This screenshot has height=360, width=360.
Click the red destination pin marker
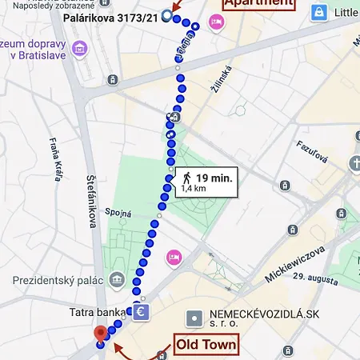tap(100, 334)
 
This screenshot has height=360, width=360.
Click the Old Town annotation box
tap(206, 345)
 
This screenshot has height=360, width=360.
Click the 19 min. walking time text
tap(214, 178)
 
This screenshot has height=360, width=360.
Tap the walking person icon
tap(186, 178)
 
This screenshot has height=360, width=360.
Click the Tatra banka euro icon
tap(141, 310)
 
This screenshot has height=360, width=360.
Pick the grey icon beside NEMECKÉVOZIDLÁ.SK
tap(192, 318)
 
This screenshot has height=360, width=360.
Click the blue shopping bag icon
tap(319, 13)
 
